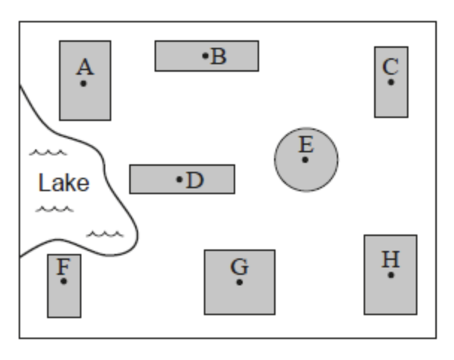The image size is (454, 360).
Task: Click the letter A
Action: pyautogui.click(x=85, y=67)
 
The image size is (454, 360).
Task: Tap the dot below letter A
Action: pyautogui.click(x=84, y=83)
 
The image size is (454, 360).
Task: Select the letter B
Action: pyautogui.click(x=218, y=55)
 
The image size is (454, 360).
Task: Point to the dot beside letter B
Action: pyautogui.click(x=205, y=55)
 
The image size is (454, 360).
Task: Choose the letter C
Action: pyautogui.click(x=391, y=66)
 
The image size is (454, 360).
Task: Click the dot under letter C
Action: pyautogui.click(x=391, y=81)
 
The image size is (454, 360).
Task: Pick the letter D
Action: pyautogui.click(x=194, y=179)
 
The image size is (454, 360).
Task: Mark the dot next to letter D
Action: pyautogui.click(x=179, y=179)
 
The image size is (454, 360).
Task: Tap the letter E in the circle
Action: pyautogui.click(x=305, y=144)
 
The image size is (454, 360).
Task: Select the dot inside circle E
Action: pyautogui.click(x=305, y=159)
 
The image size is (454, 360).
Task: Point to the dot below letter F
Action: pyautogui.click(x=63, y=281)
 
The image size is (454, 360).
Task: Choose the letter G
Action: pyautogui.click(x=239, y=267)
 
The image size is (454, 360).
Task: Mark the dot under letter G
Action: pyautogui.click(x=239, y=282)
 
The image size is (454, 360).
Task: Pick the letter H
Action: pyautogui.click(x=391, y=260)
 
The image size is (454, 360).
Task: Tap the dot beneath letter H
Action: pyautogui.click(x=391, y=275)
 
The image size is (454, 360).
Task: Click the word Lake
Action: pyautogui.click(x=63, y=183)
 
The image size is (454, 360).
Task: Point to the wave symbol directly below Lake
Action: pyautogui.click(x=55, y=208)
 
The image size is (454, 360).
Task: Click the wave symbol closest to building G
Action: pyautogui.click(x=105, y=234)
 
